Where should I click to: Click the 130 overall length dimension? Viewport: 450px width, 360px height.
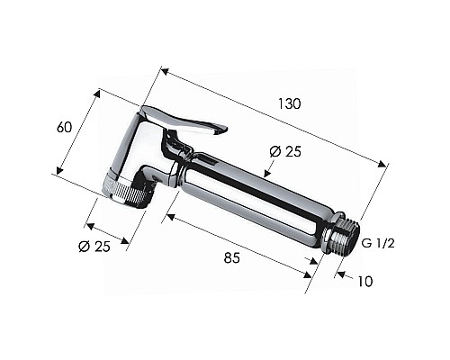289,103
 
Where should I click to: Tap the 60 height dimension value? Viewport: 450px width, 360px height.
65,128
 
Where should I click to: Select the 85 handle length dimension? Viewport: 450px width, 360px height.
232,257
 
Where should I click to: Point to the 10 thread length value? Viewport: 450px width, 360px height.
365,282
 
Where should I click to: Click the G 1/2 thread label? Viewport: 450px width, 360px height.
378,244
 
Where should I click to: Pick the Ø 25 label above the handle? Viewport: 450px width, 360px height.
285,152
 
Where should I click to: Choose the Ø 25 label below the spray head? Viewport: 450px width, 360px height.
94,247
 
